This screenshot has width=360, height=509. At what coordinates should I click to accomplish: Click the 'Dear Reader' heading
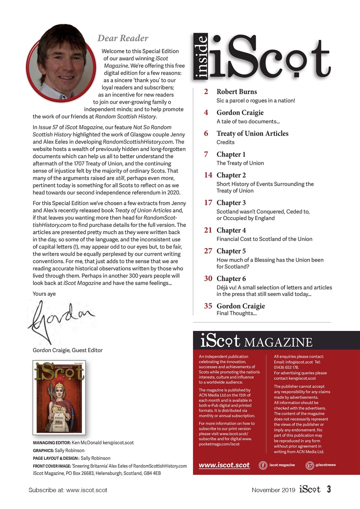123,39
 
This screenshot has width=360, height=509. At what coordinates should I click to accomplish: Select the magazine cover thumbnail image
59,397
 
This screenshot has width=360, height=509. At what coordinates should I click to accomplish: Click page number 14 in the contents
208,175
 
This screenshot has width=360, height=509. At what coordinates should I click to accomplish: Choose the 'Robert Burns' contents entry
237,92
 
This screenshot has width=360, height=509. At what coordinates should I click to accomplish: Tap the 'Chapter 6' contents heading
231,278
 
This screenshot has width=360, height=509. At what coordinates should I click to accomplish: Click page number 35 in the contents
208,306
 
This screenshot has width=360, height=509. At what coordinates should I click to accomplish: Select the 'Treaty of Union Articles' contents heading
252,133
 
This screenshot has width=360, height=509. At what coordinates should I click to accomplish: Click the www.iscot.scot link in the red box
224,465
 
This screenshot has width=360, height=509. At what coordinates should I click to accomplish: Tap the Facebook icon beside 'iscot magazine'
263,465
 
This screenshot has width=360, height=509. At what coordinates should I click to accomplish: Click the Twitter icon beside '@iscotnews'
309,465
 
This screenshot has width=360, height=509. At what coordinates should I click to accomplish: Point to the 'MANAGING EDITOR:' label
51,442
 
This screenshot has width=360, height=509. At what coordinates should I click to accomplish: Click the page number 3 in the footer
329,490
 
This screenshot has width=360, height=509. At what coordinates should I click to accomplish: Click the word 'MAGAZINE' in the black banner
278,342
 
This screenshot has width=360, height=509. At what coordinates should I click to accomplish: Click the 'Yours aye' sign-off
44,293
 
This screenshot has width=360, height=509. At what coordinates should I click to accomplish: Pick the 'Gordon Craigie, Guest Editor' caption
68,350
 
